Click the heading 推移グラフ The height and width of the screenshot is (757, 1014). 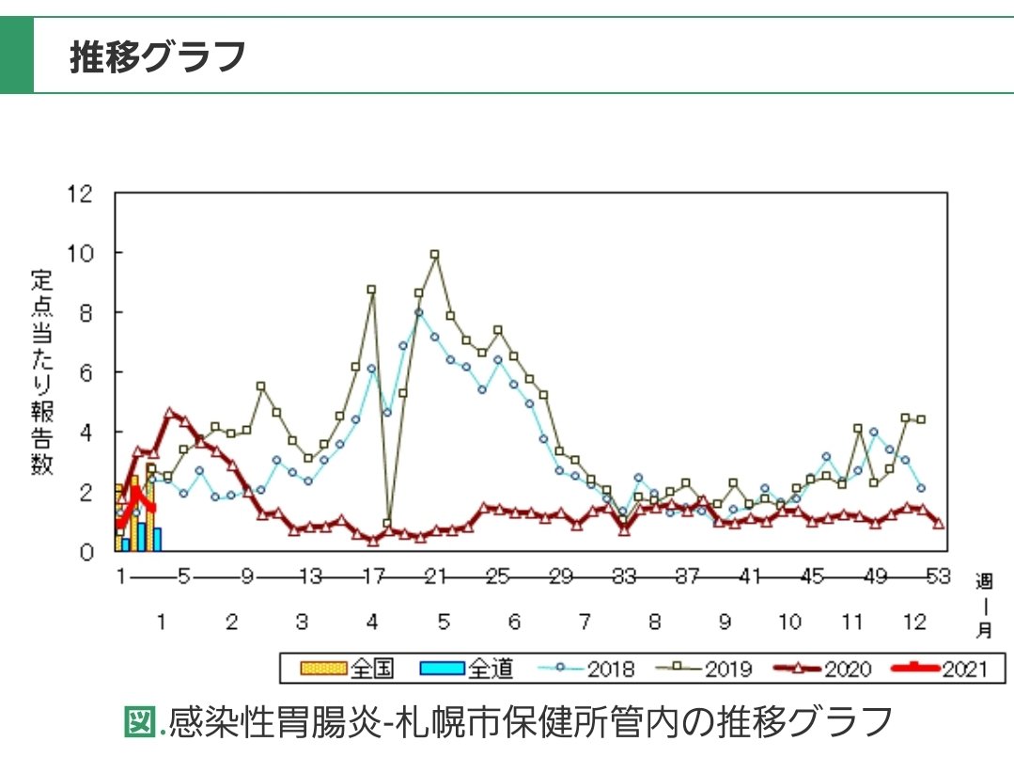tap(158, 57)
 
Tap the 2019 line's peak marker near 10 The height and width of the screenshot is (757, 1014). tap(434, 254)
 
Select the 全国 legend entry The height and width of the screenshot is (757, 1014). tap(348, 669)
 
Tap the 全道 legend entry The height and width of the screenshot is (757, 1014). tap(467, 669)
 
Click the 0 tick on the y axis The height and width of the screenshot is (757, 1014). tap(86, 551)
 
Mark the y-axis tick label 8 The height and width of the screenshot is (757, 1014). tap(86, 313)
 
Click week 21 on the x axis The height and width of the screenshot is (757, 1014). tap(434, 576)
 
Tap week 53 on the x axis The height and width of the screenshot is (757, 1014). tap(938, 576)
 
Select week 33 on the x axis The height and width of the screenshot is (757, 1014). tap(623, 576)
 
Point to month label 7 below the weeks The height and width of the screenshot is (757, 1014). tap(584, 622)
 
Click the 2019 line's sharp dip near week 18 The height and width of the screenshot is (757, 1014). tap(387, 524)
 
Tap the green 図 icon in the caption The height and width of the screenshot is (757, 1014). tap(137, 722)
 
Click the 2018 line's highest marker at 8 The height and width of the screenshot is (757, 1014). tap(418, 313)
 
